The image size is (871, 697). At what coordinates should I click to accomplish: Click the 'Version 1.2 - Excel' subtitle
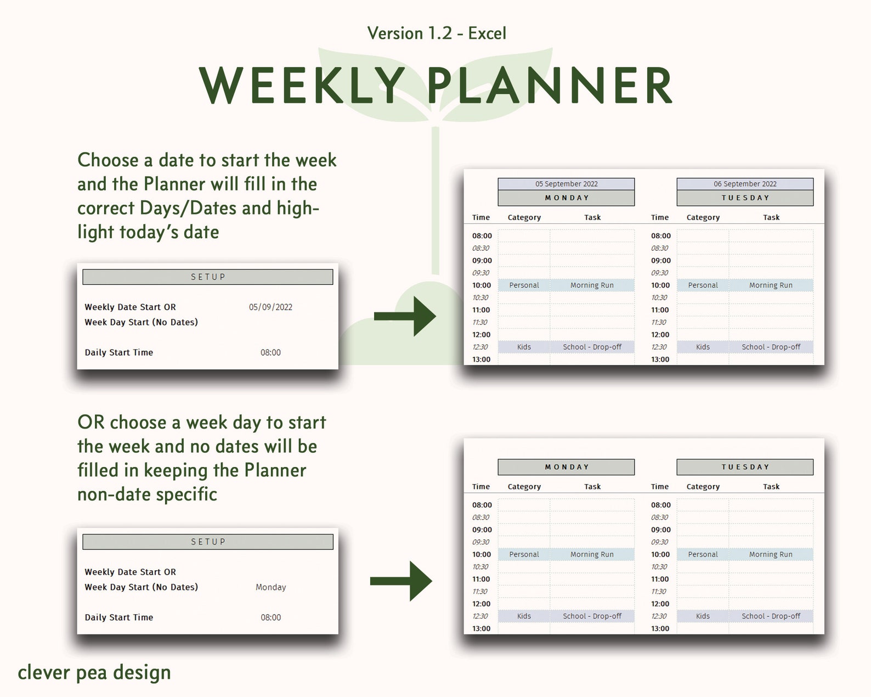coord(436,33)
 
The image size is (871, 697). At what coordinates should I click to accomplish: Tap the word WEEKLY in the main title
coord(302,86)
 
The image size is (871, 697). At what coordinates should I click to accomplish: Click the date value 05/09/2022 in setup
coord(270,307)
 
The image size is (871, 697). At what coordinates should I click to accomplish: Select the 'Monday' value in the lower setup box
coord(271,587)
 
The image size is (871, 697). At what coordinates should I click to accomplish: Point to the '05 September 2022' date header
coord(566,184)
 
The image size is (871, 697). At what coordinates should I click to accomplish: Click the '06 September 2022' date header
coord(745,184)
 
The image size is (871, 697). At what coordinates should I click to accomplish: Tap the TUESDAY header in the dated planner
coord(745,198)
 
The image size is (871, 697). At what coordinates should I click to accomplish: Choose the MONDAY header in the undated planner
coord(566,467)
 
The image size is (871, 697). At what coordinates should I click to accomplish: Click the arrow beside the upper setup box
coord(405,316)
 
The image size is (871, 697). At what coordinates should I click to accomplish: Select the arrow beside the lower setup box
coord(401,581)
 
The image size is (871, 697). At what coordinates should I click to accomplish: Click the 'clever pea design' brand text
coord(94,673)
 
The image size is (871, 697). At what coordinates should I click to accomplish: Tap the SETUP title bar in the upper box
coord(208,277)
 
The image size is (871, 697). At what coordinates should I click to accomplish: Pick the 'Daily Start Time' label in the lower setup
coord(119,617)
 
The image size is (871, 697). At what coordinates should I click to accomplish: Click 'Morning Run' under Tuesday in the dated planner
coord(771,285)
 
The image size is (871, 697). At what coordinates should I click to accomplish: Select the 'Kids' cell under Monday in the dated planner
coord(524,347)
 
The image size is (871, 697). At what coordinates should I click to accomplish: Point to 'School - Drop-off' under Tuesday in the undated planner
coord(771,616)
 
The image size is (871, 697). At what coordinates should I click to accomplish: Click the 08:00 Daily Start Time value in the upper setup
coord(270,352)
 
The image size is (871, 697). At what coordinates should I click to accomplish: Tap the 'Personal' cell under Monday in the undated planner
coord(524,554)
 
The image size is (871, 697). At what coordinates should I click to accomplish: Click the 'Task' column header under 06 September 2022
coord(771,217)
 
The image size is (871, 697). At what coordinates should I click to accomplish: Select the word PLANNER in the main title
coord(551,86)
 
